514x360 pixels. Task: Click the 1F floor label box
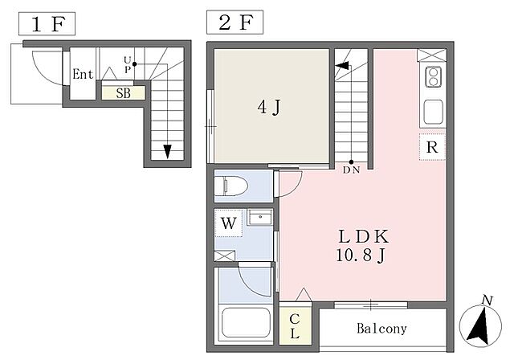(47, 23)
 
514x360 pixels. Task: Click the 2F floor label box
(235, 22)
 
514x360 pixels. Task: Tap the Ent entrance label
(83, 74)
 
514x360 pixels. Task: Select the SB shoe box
(123, 93)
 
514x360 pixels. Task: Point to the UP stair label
(127, 64)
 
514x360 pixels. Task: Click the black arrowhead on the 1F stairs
(168, 152)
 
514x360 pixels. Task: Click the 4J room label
(269, 107)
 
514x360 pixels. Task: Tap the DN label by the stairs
(352, 170)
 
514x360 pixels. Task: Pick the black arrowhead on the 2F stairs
(341, 65)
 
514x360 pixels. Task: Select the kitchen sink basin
(434, 112)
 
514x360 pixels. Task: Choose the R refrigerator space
(432, 147)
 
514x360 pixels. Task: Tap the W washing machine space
(228, 223)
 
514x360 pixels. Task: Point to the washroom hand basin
(260, 217)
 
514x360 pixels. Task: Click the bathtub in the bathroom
(246, 322)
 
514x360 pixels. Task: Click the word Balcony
(382, 329)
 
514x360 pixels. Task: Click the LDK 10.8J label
(362, 245)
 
